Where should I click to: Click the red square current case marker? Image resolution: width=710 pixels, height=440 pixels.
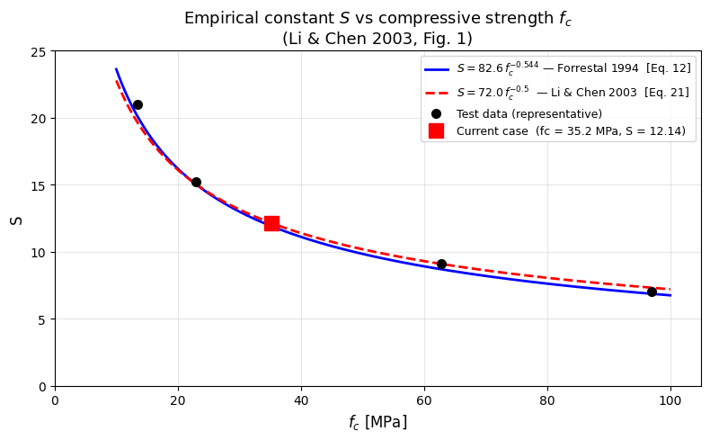[x=271, y=223]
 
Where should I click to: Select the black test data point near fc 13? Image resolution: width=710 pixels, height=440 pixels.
[x=138, y=105]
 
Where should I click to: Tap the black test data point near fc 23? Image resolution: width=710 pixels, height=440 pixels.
[x=196, y=183]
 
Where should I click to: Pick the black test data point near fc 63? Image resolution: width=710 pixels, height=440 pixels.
[x=441, y=265]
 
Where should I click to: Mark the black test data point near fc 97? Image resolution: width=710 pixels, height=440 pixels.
[x=652, y=292]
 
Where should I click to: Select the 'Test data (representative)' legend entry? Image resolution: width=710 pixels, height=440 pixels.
[x=528, y=114]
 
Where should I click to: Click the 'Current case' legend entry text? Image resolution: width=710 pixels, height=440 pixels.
[x=571, y=131]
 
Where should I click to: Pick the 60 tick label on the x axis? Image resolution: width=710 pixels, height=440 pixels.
[x=424, y=399]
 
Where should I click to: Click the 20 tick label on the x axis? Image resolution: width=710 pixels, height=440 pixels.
[x=178, y=399]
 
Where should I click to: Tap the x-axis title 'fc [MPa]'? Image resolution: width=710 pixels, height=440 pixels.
[x=377, y=422]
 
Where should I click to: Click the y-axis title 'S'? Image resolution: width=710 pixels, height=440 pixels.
[x=16, y=219]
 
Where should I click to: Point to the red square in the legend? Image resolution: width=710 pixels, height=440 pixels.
[x=436, y=131]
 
